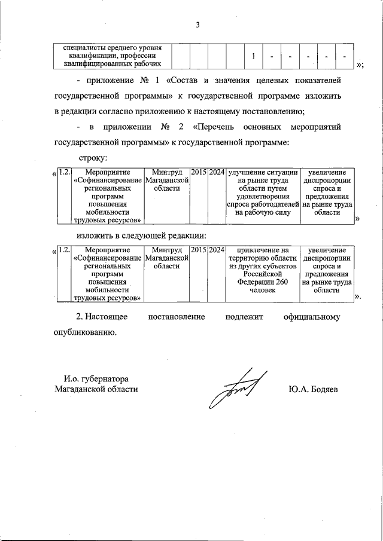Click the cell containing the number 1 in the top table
254,56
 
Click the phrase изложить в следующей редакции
141,236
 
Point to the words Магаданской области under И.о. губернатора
96,389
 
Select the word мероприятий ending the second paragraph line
315,127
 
